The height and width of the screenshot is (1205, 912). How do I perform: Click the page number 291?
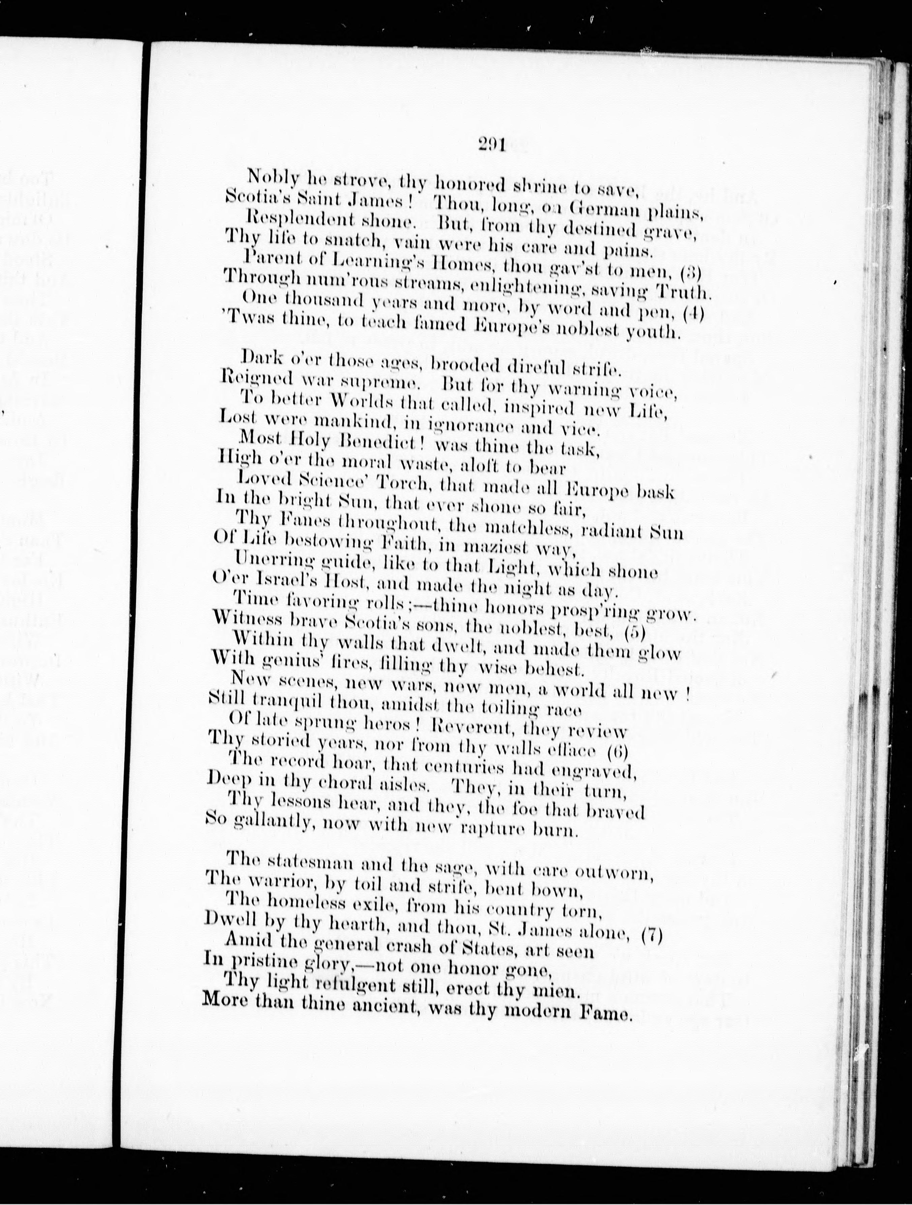pyautogui.click(x=491, y=144)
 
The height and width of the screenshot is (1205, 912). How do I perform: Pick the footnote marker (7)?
pyautogui.click(x=651, y=935)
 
